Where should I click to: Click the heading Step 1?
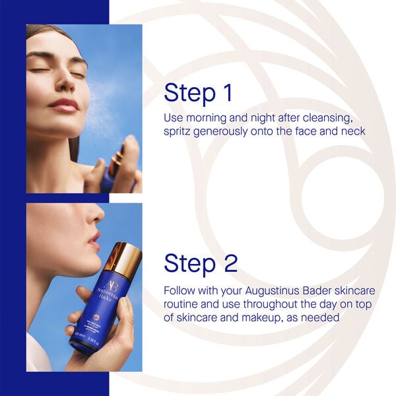(198, 93)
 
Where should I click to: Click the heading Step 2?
(200, 263)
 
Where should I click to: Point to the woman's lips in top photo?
(63, 105)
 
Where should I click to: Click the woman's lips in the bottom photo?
(96, 237)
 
